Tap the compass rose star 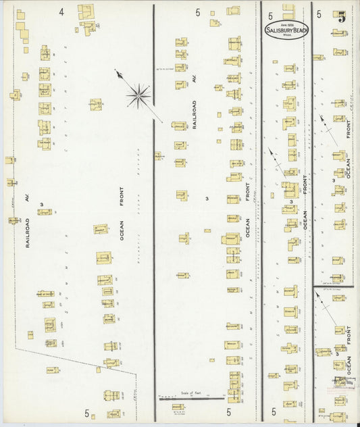click(138, 95)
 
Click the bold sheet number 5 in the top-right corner click(342, 17)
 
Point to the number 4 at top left click(61, 11)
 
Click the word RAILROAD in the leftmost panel click(28, 233)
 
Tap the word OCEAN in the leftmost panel click(122, 231)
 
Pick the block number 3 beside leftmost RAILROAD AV click(41, 203)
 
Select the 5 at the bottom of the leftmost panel click(86, 412)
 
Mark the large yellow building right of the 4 click(86, 11)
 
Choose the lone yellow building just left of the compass click(96, 105)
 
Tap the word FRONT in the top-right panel click(349, 126)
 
